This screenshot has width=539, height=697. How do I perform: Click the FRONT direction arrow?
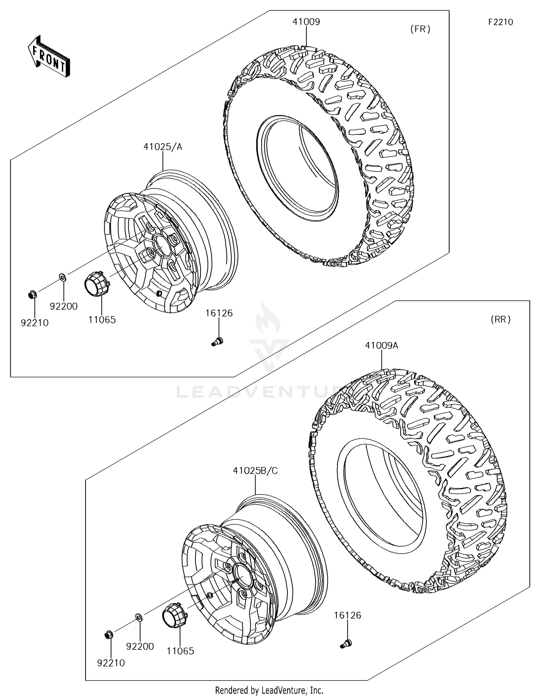[49, 57]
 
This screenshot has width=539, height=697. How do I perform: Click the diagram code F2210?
[500, 22]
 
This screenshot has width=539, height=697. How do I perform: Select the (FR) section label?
[420, 29]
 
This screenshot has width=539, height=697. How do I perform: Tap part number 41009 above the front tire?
[306, 22]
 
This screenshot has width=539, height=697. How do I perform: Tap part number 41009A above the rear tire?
[381, 346]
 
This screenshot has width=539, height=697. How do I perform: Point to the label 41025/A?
[163, 147]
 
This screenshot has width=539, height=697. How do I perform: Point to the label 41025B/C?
[255, 471]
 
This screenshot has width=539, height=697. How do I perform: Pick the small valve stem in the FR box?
[217, 341]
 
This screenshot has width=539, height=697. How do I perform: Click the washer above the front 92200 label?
[62, 277]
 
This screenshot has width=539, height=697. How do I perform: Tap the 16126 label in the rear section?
[347, 615]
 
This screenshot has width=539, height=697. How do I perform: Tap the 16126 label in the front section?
[219, 313]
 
